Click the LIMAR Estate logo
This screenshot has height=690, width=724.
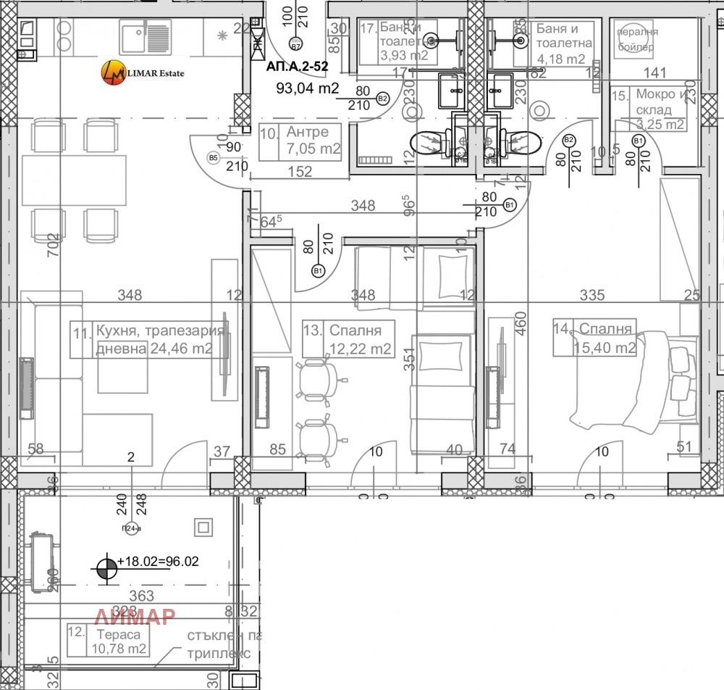[x=143, y=72]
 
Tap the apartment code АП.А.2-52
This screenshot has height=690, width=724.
[x=298, y=65]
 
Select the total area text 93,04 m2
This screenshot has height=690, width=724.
[x=308, y=89]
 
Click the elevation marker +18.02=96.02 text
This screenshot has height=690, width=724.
[x=158, y=561]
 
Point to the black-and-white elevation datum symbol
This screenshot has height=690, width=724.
[x=106, y=568]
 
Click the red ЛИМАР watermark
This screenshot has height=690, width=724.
[x=136, y=616]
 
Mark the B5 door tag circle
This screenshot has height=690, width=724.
[x=213, y=157]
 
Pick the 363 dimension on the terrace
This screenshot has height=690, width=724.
[x=142, y=597]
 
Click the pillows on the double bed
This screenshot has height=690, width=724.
[x=679, y=370]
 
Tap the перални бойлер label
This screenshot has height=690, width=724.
[x=637, y=40]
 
